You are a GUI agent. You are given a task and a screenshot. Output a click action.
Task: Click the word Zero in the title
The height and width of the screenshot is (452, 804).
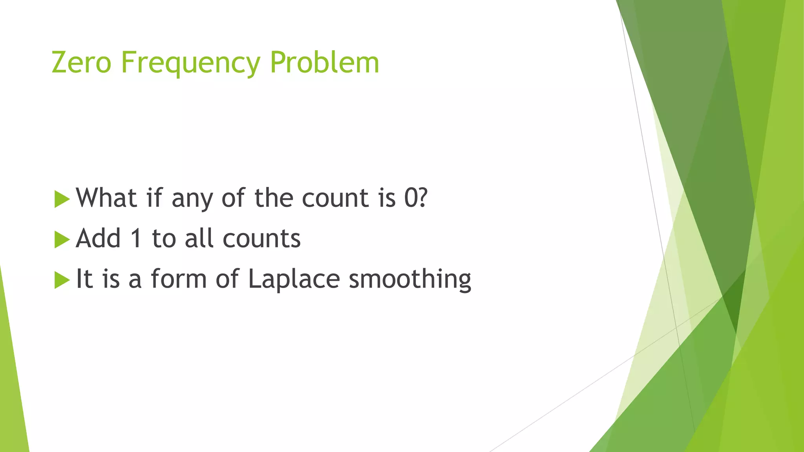[82, 62]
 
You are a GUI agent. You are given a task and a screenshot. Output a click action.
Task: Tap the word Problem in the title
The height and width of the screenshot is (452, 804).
[325, 62]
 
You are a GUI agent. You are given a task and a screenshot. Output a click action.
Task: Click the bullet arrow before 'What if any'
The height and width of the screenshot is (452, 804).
[62, 199]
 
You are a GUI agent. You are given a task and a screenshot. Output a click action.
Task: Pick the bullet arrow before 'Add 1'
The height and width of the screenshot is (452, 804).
[62, 239]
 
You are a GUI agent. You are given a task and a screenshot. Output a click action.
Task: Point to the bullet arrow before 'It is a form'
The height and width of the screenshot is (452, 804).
[62, 280]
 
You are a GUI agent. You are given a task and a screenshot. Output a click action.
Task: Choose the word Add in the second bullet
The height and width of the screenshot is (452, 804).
[98, 238]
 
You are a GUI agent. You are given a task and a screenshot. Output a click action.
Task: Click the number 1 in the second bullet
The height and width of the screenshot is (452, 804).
[136, 238]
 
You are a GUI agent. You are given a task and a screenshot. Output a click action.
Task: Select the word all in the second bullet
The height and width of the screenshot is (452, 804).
[200, 238]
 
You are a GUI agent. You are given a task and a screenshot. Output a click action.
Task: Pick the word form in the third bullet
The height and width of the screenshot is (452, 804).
[179, 279]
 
